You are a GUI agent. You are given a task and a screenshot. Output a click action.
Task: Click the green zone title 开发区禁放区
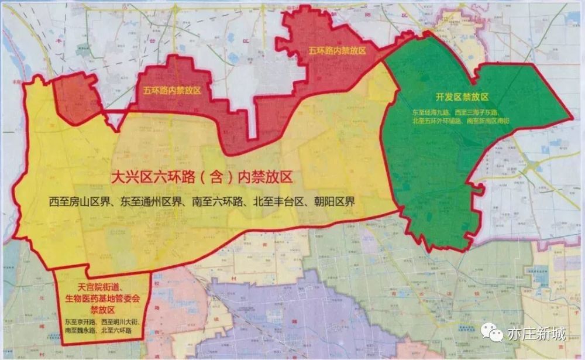click(x=460, y=97)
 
